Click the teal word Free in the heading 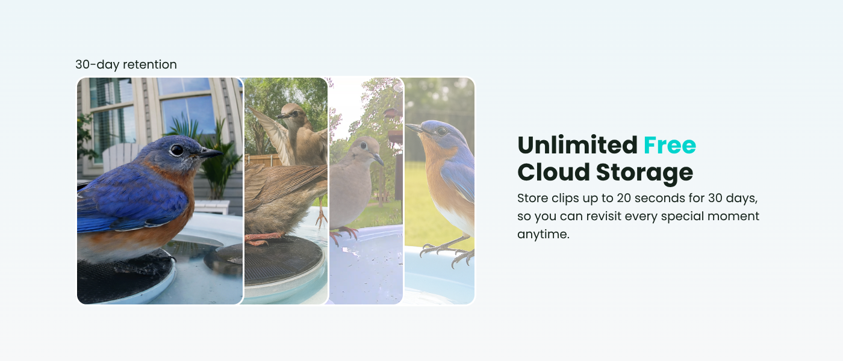click(670, 145)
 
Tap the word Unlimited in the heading click(577, 145)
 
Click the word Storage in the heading click(645, 173)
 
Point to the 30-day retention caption click(126, 64)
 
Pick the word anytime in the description click(543, 234)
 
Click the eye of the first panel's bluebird click(176, 150)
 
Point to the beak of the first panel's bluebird click(211, 153)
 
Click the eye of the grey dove click(364, 146)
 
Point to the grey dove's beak click(378, 159)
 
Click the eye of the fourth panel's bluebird click(442, 131)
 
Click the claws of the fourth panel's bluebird click(448, 253)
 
